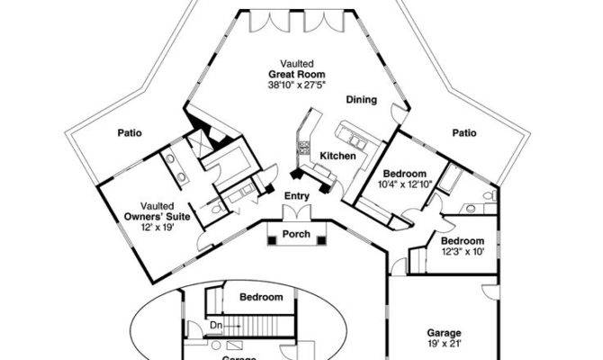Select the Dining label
361,100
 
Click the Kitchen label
338,157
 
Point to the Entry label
296,195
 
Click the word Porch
296,235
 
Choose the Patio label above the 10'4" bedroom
463,133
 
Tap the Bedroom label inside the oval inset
261,297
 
